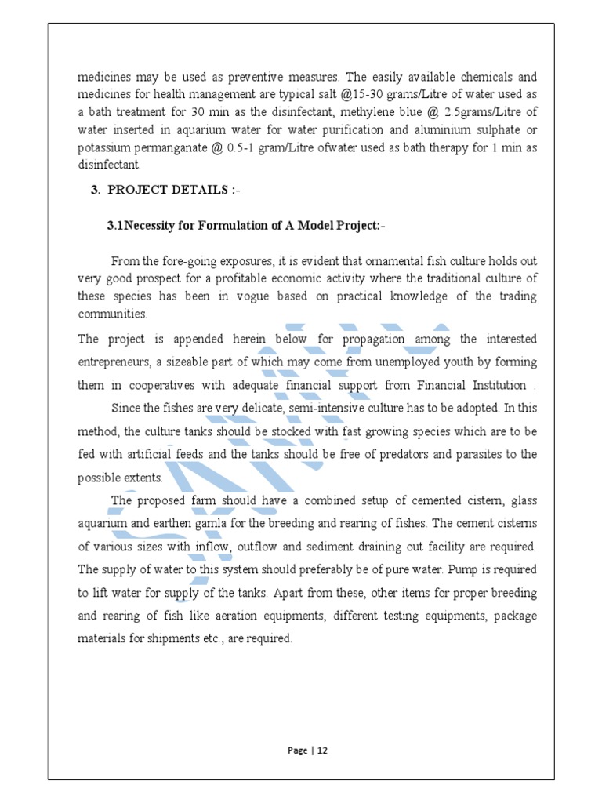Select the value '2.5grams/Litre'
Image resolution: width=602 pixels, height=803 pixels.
tap(484, 112)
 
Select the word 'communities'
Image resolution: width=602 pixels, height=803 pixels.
tap(112, 313)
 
